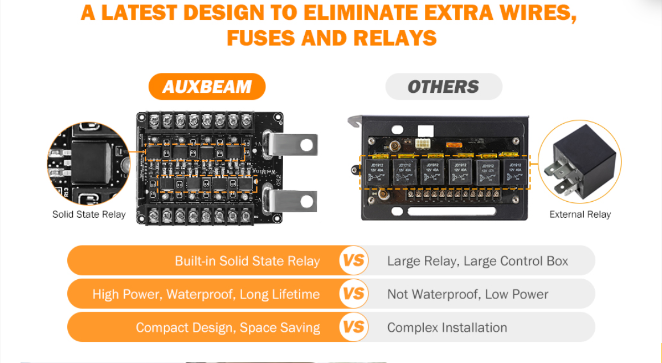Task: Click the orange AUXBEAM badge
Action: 207,87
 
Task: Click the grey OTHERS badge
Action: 443,87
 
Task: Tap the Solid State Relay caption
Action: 89,215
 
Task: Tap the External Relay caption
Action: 580,215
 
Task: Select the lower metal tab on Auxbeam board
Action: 294,200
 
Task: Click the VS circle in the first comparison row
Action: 354,261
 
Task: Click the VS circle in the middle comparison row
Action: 354,294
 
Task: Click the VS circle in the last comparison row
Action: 354,327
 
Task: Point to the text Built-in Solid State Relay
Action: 247,262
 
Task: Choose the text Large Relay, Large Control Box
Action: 477,262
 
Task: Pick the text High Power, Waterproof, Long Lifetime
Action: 206,295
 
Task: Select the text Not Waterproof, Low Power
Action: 467,295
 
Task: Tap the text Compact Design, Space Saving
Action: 227,328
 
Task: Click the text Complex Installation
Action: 447,328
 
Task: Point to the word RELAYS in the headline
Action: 395,38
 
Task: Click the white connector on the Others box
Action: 422,144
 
